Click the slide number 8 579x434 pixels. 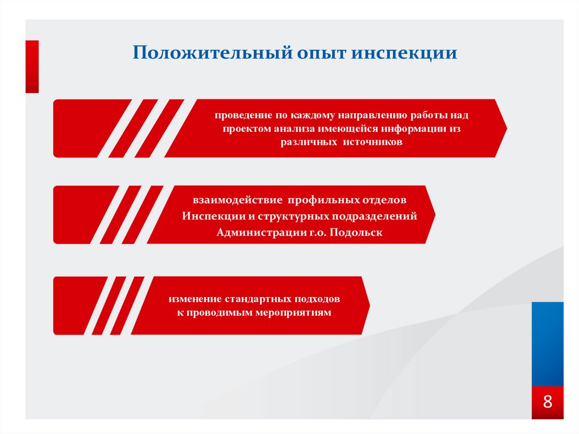click(x=547, y=402)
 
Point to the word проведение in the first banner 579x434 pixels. click(x=240, y=115)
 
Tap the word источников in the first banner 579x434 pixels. click(x=373, y=143)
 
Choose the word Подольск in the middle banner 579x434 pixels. click(x=357, y=233)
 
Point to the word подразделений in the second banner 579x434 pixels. click(x=377, y=217)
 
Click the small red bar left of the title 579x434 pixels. click(x=32, y=66)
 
